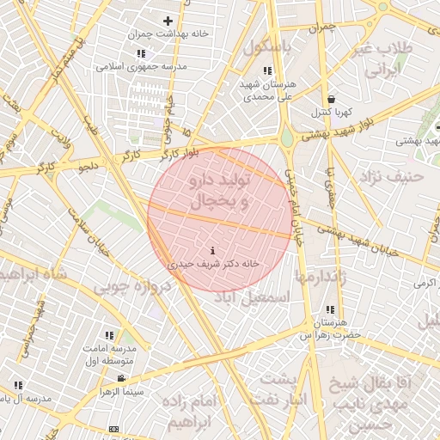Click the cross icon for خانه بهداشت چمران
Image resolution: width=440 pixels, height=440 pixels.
tap(168, 21)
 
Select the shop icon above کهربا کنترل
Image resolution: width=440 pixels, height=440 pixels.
tap(331, 100)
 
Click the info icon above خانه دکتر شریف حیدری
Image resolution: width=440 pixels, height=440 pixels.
tap(212, 251)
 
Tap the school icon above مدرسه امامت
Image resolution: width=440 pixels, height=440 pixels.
tap(109, 335)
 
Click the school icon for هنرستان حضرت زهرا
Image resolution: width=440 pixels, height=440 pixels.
tap(330, 309)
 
